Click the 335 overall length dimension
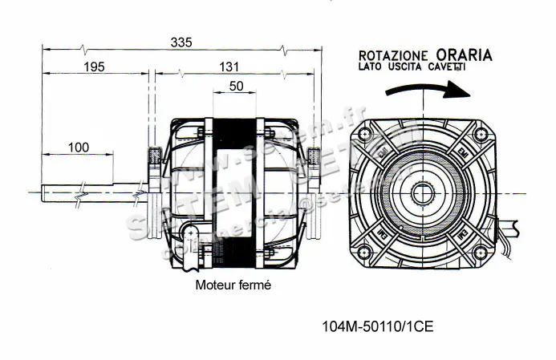coord(181,42)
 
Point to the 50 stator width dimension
coord(236,87)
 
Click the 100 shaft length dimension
coord(78,147)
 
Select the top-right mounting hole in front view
coord(481,133)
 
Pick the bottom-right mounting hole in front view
coord(481,253)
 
